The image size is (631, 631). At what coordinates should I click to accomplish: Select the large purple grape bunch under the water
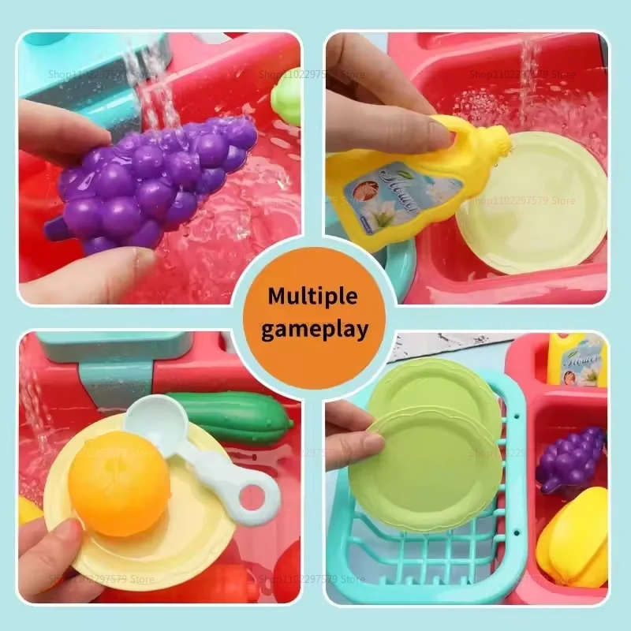pyautogui.click(x=150, y=185)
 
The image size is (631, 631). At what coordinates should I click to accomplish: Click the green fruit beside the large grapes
pyautogui.click(x=288, y=99)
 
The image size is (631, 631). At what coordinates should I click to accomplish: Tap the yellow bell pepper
pyautogui.click(x=574, y=536)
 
